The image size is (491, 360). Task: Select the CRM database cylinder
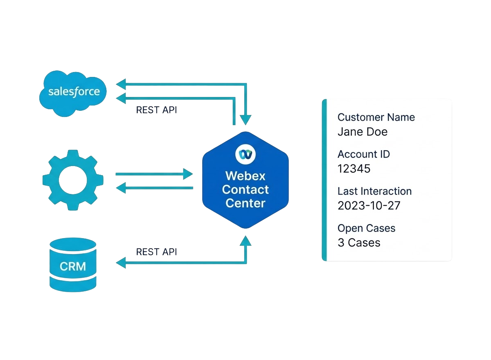(73, 265)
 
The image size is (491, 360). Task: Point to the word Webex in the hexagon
(245, 176)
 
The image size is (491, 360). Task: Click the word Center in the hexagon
(245, 203)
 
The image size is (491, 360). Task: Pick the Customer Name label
(376, 117)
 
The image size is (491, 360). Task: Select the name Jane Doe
(362, 132)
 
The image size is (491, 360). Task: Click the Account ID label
(363, 154)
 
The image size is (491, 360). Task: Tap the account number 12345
(354, 169)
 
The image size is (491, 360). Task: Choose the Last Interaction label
(374, 191)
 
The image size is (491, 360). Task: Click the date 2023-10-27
(369, 205)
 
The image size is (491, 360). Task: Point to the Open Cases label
(366, 228)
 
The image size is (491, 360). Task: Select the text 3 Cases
(359, 243)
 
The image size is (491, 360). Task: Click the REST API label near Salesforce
(156, 110)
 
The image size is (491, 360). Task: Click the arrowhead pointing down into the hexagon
(245, 119)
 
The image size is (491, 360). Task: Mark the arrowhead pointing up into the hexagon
(245, 241)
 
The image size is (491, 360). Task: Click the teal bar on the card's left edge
(324, 180)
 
